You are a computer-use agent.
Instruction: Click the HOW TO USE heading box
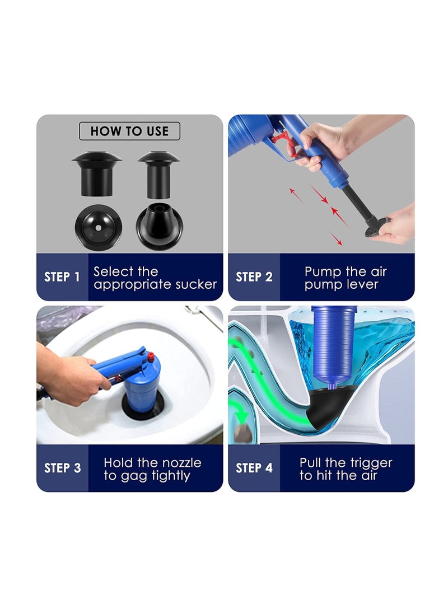129,131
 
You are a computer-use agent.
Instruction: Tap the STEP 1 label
62,277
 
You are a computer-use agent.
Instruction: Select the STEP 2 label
254,277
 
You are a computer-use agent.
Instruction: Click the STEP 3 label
62,468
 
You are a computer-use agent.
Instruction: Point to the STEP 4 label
254,468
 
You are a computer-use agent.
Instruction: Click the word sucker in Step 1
196,284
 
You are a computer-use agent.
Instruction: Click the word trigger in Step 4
368,463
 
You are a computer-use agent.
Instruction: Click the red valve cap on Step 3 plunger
150,356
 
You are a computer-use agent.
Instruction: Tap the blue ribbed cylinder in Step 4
333,344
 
